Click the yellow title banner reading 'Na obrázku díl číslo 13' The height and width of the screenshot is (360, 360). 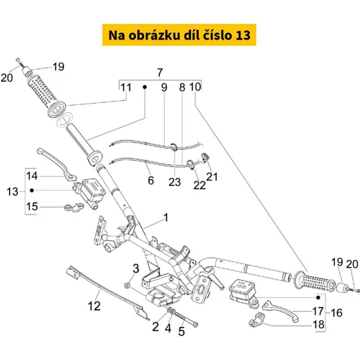(179, 35)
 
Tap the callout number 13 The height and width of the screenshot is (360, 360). (12, 192)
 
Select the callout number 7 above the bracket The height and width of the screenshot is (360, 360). (160, 73)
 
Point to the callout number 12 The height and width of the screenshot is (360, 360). (94, 306)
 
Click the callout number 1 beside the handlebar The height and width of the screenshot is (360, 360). (166, 217)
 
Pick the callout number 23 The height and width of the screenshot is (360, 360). (174, 182)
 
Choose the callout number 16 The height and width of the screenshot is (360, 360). (336, 312)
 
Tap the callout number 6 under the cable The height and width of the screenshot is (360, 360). (150, 181)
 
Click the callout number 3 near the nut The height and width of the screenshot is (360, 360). (136, 269)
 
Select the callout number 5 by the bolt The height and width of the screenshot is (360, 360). (181, 331)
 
